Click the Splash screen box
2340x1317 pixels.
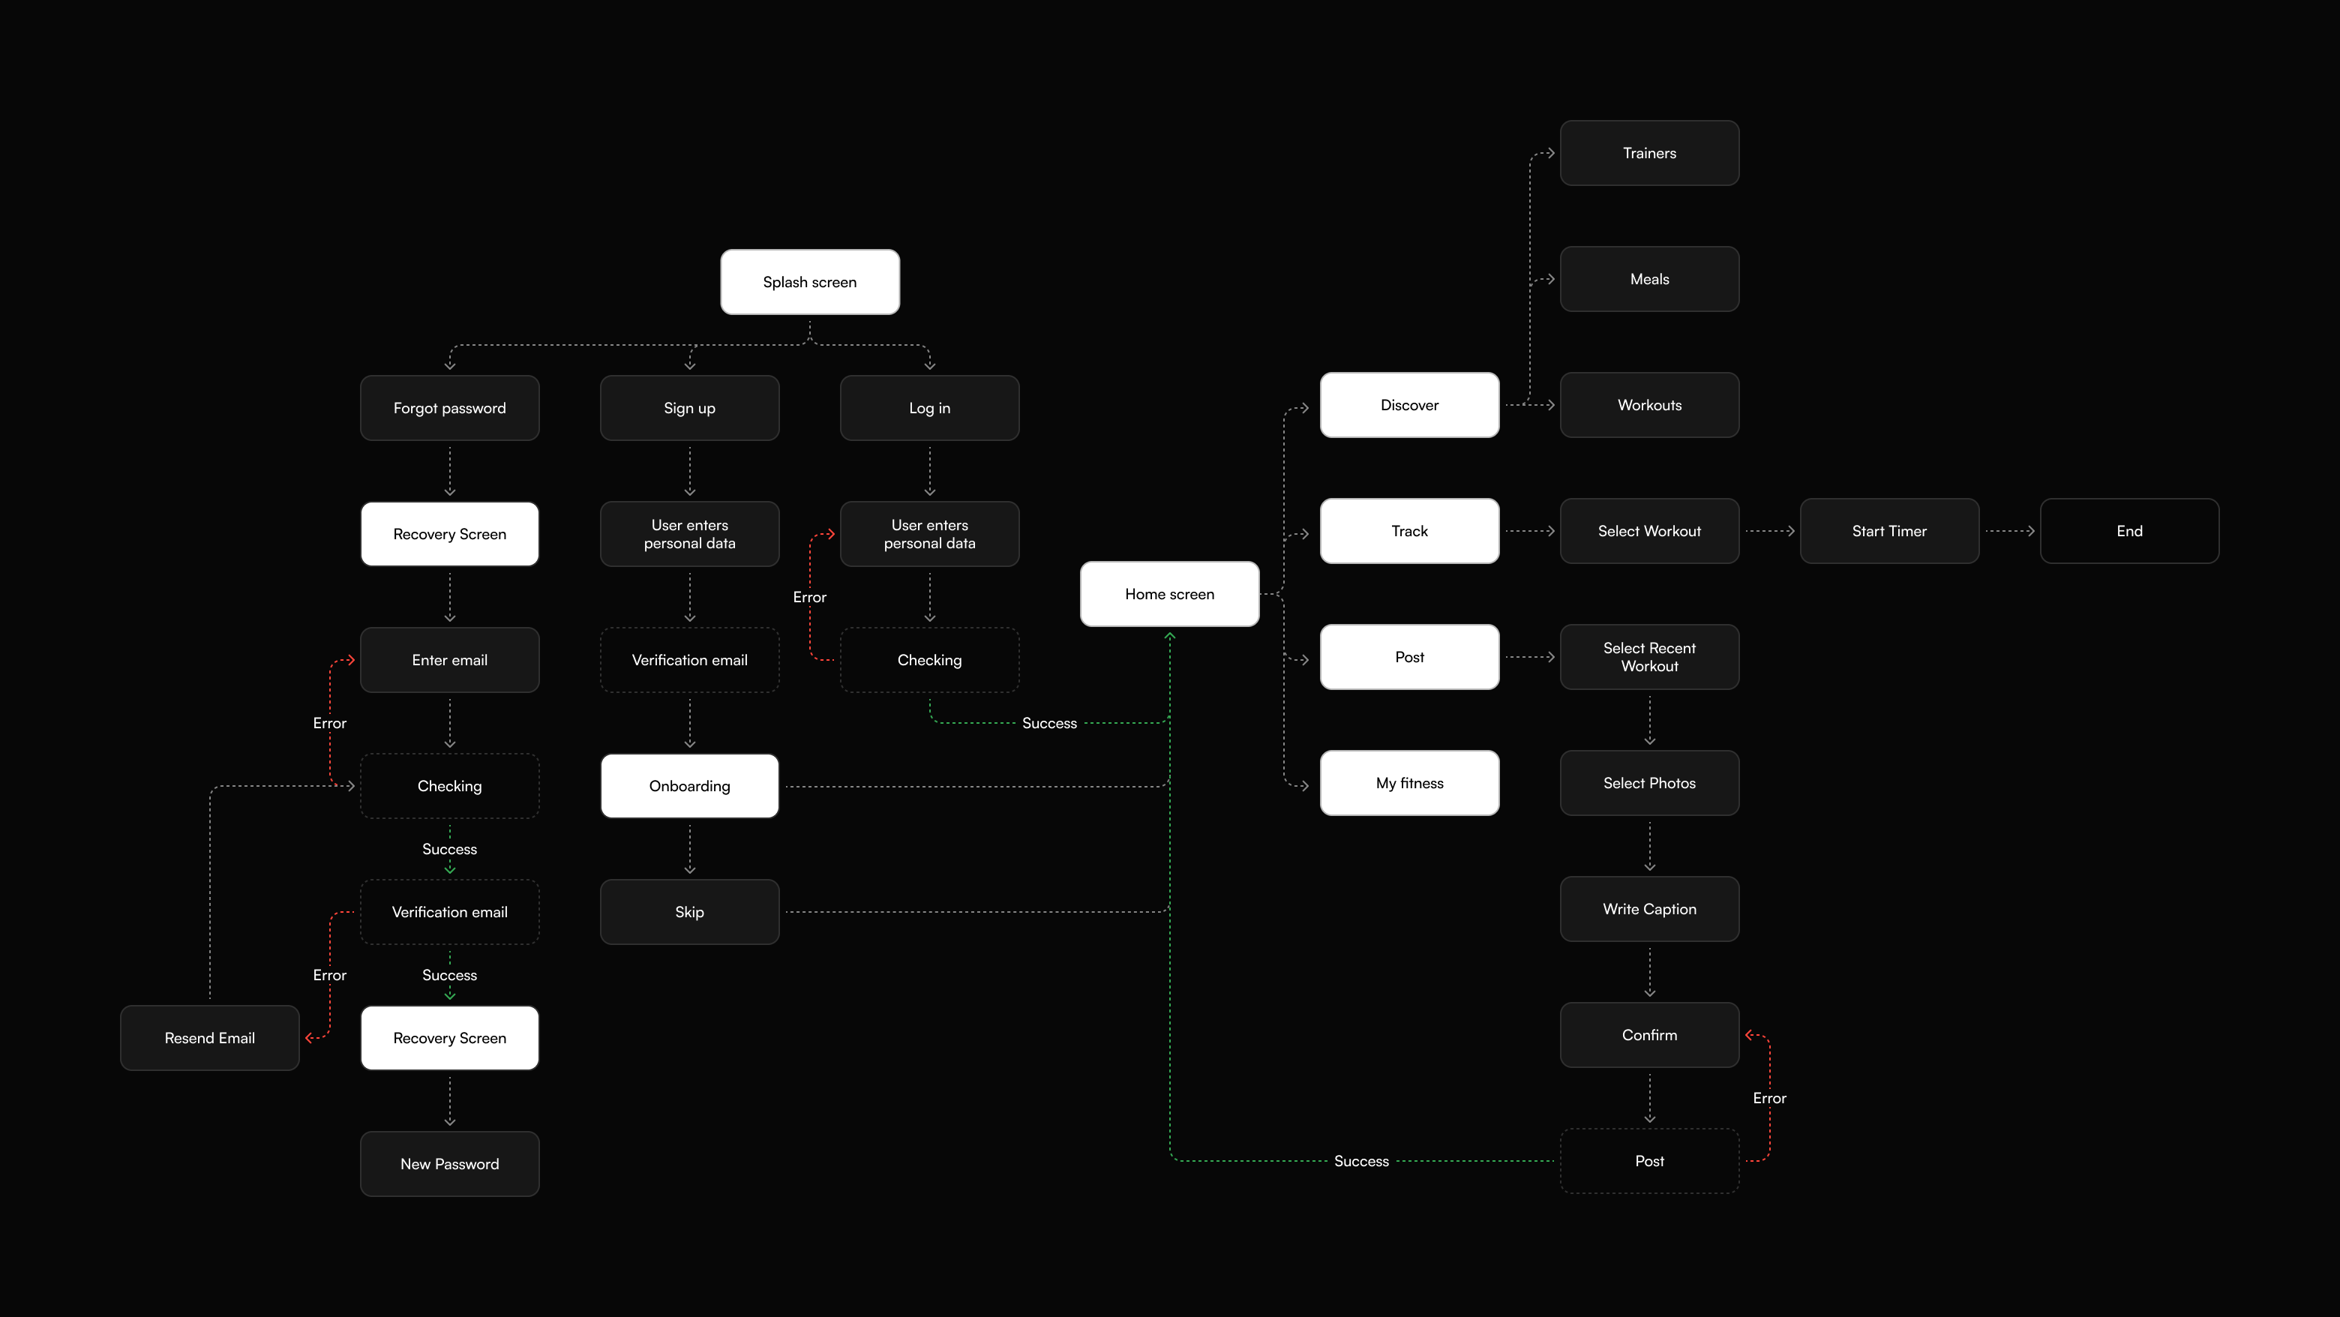pyautogui.click(x=809, y=281)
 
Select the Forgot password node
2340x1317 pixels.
pyautogui.click(x=450, y=408)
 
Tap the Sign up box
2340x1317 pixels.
pyautogui.click(x=689, y=408)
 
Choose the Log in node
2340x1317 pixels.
pyautogui.click(x=929, y=408)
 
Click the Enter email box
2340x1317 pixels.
pyautogui.click(x=450, y=660)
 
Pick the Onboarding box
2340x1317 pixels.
pyautogui.click(x=689, y=786)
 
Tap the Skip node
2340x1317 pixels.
pyautogui.click(x=689, y=912)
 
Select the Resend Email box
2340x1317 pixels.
pyautogui.click(x=210, y=1038)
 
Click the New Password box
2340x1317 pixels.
pyautogui.click(x=450, y=1163)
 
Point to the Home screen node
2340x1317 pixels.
pyautogui.click(x=1169, y=594)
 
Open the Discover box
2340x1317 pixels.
pyautogui.click(x=1409, y=405)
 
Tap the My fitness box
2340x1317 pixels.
pyautogui.click(x=1409, y=783)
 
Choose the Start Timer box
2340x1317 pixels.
pyautogui.click(x=1888, y=531)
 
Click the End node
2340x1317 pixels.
pyautogui.click(x=2128, y=531)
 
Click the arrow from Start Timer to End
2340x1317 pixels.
pyautogui.click(x=2009, y=531)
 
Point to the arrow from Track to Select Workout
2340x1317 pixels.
pyautogui.click(x=1530, y=531)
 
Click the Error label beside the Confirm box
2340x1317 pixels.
pyautogui.click(x=1768, y=1098)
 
